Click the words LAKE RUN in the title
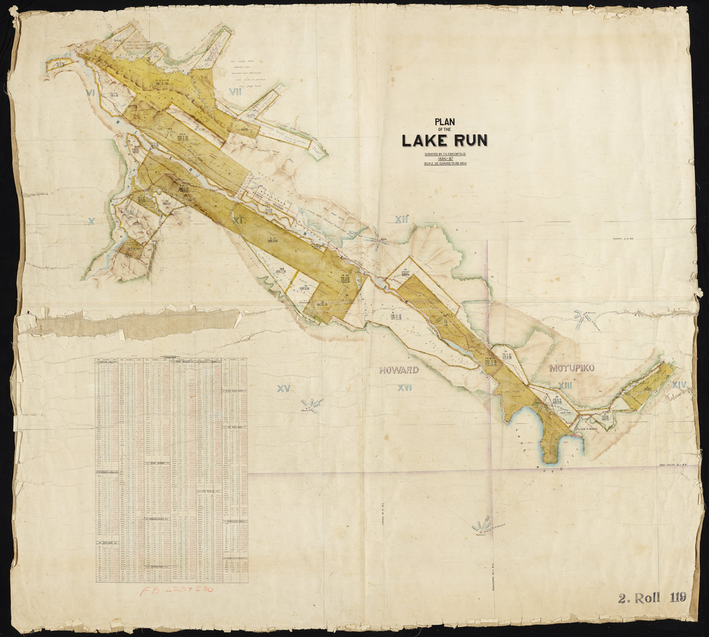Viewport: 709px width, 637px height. [445, 141]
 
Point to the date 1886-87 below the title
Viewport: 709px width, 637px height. [445, 159]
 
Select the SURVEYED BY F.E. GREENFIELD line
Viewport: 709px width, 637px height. [445, 154]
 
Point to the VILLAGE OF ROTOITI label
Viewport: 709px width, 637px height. [587, 429]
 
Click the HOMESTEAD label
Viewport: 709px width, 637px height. [305, 303]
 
